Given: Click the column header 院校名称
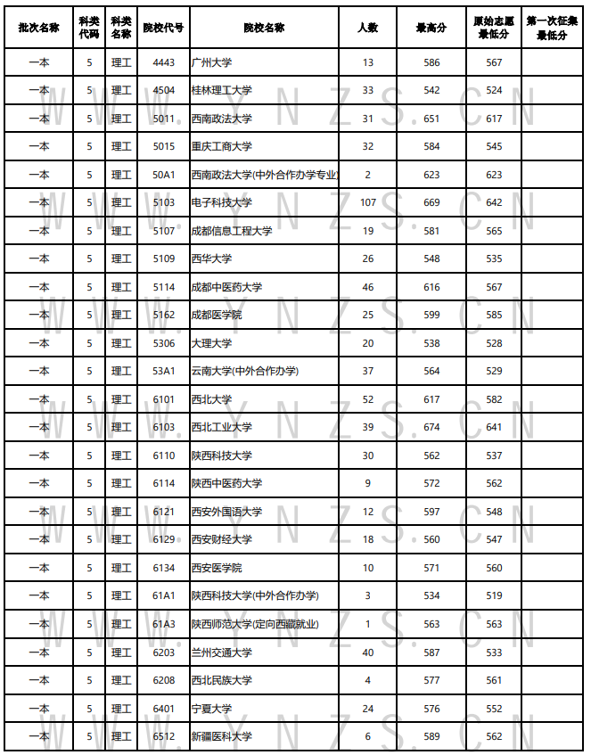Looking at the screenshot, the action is point(264,28).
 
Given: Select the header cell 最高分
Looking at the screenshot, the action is point(431,28).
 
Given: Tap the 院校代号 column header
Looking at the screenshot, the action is point(163,28).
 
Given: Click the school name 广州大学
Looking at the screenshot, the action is point(211,62).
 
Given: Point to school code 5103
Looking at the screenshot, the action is point(163,203).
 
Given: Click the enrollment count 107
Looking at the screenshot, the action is point(368,203).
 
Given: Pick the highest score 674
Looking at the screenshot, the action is point(431,428).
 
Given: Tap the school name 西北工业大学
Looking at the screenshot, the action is point(222,428).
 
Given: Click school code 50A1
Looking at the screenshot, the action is point(163,175).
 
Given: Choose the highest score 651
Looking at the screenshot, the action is point(431,119).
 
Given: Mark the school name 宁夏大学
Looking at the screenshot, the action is point(211,709).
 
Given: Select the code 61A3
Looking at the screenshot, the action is point(163,624).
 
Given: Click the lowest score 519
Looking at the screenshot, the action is point(494,595).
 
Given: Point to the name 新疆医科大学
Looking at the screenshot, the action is point(222,737).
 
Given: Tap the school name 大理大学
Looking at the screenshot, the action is point(211,343).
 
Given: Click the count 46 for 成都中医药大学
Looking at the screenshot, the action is point(368,287).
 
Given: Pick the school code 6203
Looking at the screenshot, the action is point(163,652).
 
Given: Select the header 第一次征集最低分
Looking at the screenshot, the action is point(552,28).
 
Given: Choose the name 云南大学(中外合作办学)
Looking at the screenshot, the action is point(245,372).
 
